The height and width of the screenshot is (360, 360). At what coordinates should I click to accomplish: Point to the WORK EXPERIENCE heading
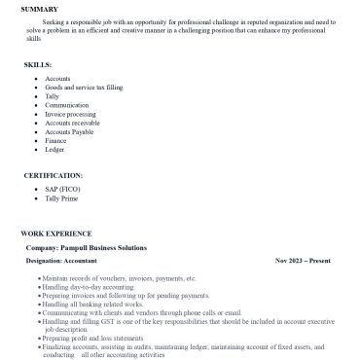[x=57, y=234]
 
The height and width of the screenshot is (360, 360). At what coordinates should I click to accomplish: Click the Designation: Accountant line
[x=75, y=262]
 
